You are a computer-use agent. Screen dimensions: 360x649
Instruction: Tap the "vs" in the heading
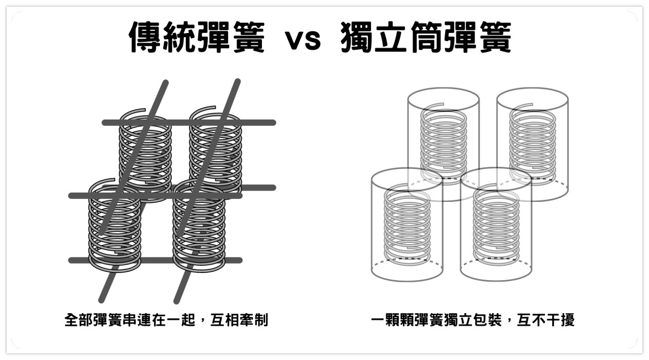click(303, 39)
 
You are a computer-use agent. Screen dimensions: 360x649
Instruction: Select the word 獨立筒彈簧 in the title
click(426, 37)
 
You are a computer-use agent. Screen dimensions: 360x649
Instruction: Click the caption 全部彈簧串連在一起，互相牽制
click(166, 320)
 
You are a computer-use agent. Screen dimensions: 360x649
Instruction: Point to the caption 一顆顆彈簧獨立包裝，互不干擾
click(472, 320)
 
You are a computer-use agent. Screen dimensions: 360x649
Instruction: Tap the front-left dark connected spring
click(114, 227)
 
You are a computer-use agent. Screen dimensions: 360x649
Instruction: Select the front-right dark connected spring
click(199, 227)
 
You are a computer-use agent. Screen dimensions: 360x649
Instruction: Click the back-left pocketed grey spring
click(444, 144)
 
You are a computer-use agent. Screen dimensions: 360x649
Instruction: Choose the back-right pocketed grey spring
click(533, 144)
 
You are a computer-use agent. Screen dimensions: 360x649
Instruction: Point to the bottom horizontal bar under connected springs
click(154, 260)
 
